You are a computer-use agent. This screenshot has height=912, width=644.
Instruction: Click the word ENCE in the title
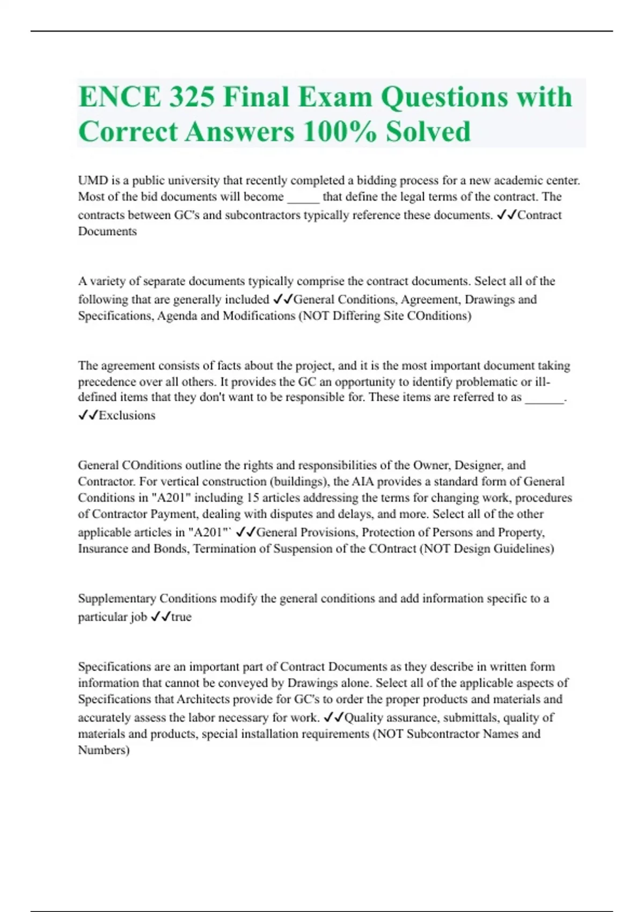tap(119, 97)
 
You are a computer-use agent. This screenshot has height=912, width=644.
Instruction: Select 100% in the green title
tap(339, 131)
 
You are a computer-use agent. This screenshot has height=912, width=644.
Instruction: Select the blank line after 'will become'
tap(303, 197)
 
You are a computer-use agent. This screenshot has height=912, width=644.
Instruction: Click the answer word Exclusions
tap(127, 415)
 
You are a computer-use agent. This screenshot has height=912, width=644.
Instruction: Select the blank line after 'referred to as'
tap(544, 398)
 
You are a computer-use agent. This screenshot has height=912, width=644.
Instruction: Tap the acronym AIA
tap(362, 481)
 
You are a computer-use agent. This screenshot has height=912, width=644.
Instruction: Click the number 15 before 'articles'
tap(252, 497)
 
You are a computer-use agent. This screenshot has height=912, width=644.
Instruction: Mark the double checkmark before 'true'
tap(160, 617)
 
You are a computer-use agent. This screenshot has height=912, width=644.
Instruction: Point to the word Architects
tap(206, 699)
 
